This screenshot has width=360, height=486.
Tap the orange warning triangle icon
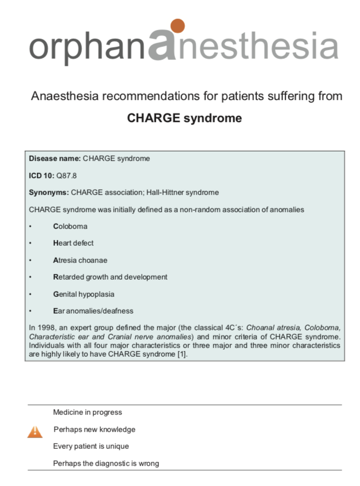(x=34, y=431)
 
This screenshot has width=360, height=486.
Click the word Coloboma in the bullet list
(x=70, y=226)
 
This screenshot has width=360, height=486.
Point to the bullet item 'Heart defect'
(x=73, y=243)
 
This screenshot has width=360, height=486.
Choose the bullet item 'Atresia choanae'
(x=80, y=260)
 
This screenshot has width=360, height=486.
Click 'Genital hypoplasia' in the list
(x=84, y=294)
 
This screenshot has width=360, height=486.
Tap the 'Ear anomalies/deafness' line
(x=93, y=311)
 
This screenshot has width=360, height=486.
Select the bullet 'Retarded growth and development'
(x=110, y=277)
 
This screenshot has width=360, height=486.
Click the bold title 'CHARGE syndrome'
(x=184, y=118)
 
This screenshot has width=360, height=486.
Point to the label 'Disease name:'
(x=55, y=158)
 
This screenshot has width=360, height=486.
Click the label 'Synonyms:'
(x=49, y=192)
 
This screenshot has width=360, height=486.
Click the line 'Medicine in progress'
(x=87, y=413)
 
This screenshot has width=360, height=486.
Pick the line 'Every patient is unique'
(x=91, y=447)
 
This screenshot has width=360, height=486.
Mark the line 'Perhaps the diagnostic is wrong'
(x=106, y=463)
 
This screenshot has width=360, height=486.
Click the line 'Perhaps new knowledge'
(x=94, y=429)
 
